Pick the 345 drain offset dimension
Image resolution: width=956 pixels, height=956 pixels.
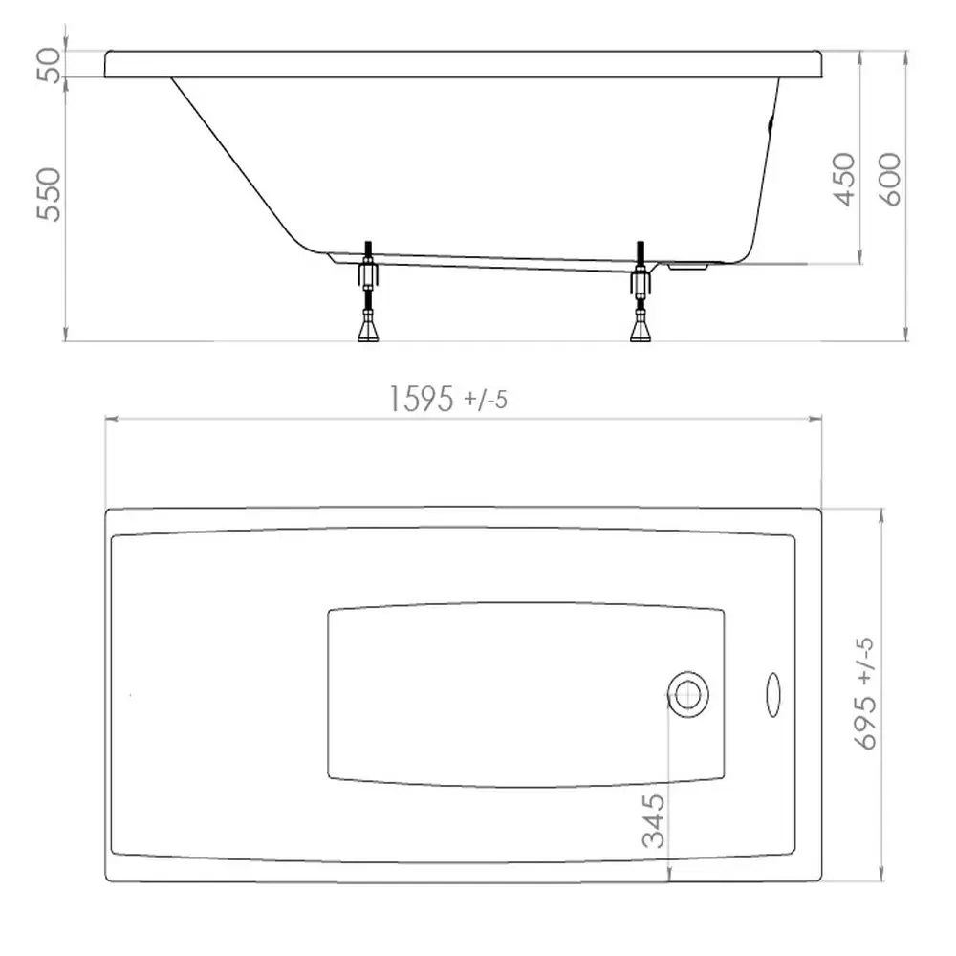(654, 822)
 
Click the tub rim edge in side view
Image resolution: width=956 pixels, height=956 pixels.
(464, 64)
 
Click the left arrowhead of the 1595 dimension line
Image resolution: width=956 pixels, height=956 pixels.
(109, 419)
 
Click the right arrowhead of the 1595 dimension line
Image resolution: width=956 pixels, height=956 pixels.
(818, 419)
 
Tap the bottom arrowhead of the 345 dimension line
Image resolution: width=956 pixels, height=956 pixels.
(669, 878)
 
